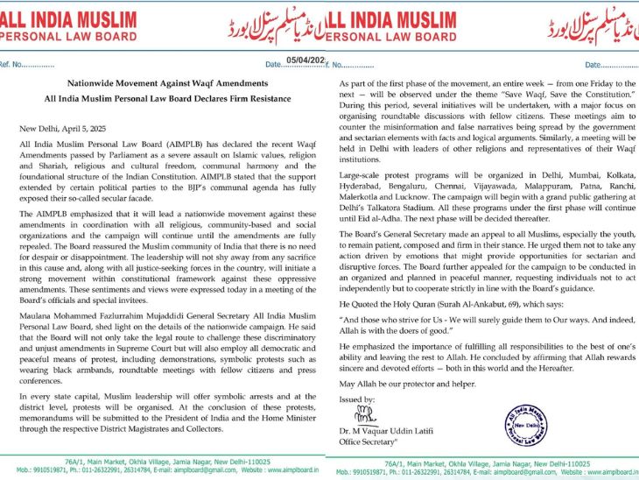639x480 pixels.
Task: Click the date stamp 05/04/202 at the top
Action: click(x=305, y=60)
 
